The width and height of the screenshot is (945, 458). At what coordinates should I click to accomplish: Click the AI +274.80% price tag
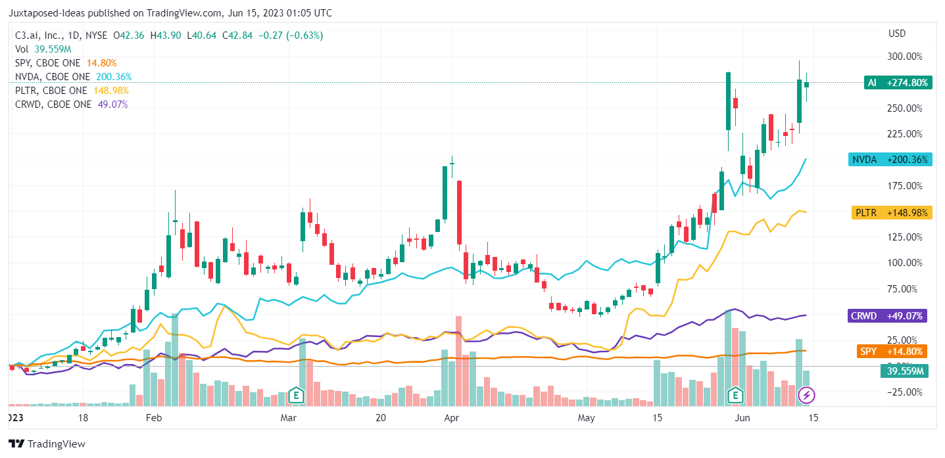(897, 83)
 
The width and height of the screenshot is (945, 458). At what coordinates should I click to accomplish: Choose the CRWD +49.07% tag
(886, 316)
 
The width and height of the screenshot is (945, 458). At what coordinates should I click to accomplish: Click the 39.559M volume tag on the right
(904, 371)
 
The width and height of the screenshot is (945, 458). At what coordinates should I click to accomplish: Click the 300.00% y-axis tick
(904, 57)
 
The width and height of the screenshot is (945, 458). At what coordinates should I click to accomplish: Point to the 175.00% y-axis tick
(904, 186)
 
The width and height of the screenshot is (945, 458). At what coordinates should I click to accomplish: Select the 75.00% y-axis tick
(904, 288)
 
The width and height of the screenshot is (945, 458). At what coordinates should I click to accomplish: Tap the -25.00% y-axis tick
(904, 392)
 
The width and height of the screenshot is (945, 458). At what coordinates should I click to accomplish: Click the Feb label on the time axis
(153, 418)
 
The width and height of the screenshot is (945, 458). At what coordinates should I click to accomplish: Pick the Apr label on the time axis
(451, 418)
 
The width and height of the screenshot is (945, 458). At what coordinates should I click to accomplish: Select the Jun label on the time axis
(742, 418)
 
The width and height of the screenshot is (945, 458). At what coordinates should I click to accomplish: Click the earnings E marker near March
(297, 396)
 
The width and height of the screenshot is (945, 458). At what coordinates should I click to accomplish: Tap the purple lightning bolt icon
(807, 396)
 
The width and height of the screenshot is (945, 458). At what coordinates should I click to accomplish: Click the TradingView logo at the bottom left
(47, 444)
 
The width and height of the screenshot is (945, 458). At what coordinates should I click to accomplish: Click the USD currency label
(897, 34)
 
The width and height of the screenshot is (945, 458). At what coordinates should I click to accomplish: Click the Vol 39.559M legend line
(43, 49)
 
